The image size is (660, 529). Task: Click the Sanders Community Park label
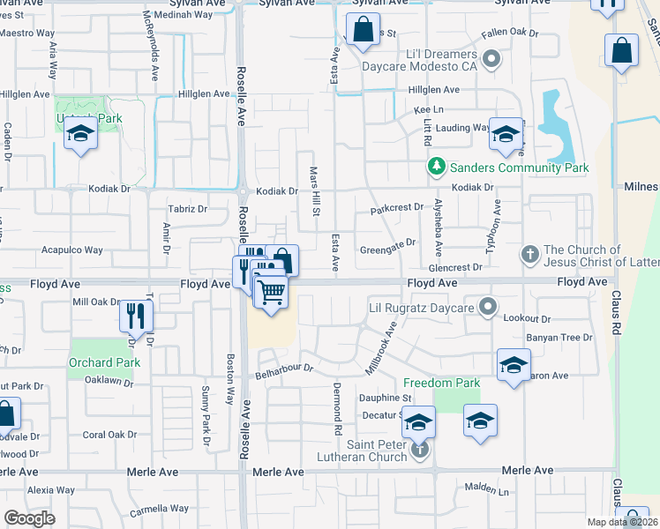(x=518, y=168)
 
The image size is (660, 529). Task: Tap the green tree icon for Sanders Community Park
(x=435, y=167)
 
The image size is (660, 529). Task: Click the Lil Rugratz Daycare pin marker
(x=488, y=309)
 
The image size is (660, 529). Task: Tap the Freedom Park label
(x=442, y=383)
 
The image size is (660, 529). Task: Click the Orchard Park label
(x=104, y=362)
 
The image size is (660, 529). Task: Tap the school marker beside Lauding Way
(x=506, y=134)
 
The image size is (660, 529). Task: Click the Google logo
(x=29, y=518)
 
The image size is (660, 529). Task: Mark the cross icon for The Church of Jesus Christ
(x=529, y=255)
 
